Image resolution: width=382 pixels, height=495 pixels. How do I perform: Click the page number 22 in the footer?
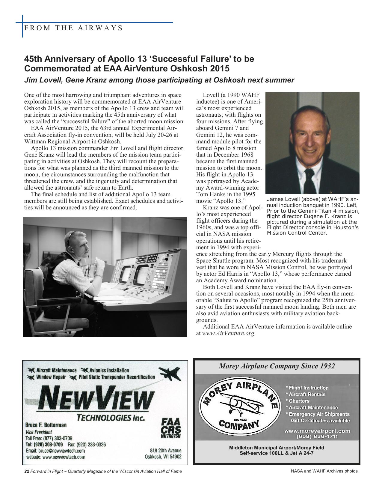pyautogui.click(x=26, y=471)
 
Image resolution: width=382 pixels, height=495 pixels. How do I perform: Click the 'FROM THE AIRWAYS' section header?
pyautogui.click(x=73, y=28)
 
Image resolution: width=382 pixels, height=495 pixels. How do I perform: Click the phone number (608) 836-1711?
pyautogui.click(x=317, y=436)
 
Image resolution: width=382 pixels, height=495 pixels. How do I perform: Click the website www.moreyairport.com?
pyautogui.click(x=317, y=431)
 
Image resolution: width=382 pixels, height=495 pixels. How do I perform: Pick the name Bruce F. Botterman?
pyautogui.click(x=46, y=425)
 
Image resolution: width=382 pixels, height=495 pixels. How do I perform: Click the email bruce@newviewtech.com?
pyautogui.click(x=55, y=451)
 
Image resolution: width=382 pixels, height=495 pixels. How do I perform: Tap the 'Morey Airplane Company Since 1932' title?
pyautogui.click(x=277, y=366)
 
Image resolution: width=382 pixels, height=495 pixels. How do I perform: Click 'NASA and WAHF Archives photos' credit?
pyautogui.click(x=324, y=471)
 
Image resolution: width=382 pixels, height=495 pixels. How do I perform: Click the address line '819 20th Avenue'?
pyautogui.click(x=165, y=450)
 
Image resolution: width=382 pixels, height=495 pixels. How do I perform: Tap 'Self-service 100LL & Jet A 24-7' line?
pyautogui.click(x=277, y=453)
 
